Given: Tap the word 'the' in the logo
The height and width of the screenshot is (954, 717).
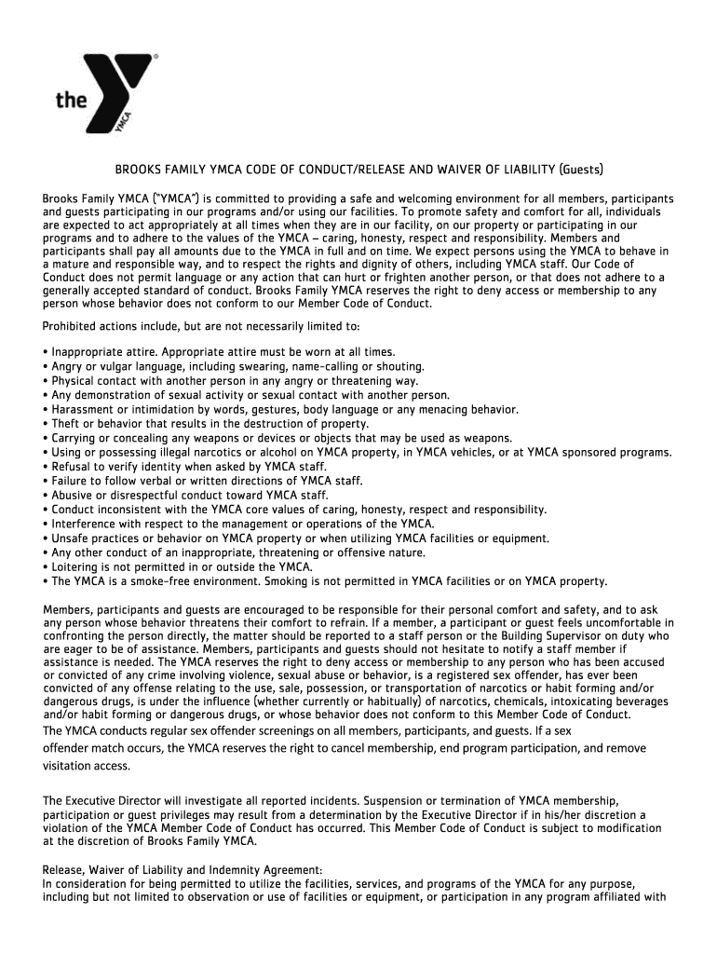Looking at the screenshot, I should (x=72, y=100).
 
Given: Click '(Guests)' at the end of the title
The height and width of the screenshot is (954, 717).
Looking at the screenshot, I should (x=580, y=170).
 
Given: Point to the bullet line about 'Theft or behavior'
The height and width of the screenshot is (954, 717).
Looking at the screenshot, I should (x=210, y=424).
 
